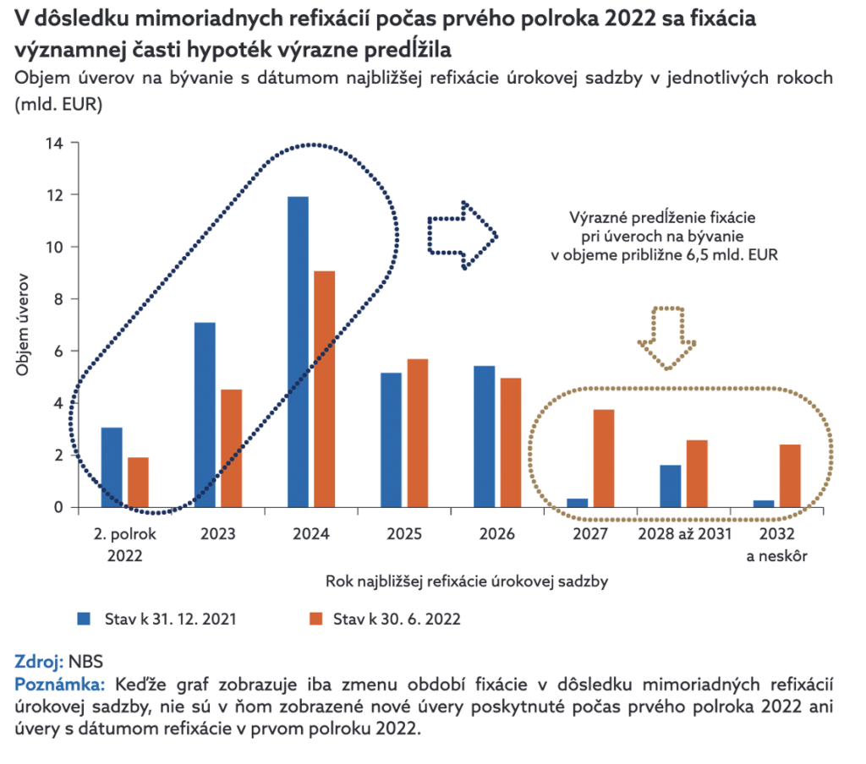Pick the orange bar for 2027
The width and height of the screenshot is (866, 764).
tap(603, 458)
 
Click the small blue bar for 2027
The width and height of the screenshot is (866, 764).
tap(578, 503)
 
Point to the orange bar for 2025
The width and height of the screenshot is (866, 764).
tap(418, 433)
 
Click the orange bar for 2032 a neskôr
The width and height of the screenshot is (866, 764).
tap(790, 476)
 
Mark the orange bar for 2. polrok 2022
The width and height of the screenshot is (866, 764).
tap(138, 482)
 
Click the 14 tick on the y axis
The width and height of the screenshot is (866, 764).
tap(54, 143)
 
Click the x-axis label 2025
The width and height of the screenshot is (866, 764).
tap(404, 534)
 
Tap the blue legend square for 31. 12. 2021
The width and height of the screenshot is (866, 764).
tap(85, 619)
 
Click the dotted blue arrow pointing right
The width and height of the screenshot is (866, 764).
tap(462, 235)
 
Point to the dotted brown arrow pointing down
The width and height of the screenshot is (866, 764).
tap(668, 337)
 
